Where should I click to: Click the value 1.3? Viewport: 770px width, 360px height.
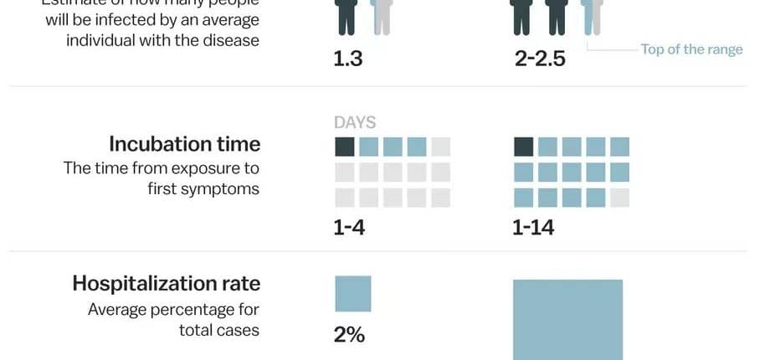coord(348,60)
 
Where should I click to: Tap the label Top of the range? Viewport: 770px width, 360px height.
coord(691,49)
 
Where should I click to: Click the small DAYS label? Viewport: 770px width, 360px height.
coord(355,122)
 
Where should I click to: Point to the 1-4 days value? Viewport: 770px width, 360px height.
coord(349,228)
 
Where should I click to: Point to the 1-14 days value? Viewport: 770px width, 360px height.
coord(533,228)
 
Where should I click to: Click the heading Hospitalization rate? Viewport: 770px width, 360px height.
coord(167,283)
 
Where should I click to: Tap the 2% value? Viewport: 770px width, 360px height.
coord(349,335)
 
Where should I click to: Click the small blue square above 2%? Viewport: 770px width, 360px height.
coord(352,294)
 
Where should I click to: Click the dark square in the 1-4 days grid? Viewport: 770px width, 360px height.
coord(344,147)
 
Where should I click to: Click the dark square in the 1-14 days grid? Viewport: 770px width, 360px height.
coord(523,147)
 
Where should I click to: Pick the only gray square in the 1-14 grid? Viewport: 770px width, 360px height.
coord(620,198)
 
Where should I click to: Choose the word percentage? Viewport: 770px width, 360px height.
coord(183,310)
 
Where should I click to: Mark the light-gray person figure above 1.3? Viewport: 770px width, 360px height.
coord(382,17)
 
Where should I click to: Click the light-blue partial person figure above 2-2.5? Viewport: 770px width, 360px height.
coord(592,17)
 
